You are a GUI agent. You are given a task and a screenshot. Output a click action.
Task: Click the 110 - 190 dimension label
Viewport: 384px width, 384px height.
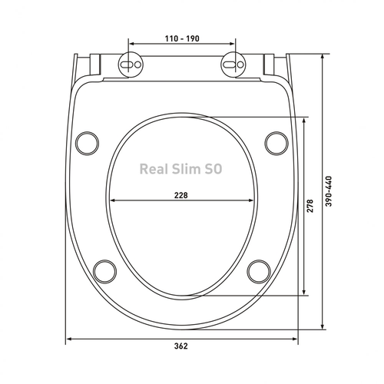[x=182, y=38]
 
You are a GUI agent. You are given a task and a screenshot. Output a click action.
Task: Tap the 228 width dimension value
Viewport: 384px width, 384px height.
[x=181, y=195]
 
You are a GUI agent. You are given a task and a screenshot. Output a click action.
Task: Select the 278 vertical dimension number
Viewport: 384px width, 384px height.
[x=310, y=206]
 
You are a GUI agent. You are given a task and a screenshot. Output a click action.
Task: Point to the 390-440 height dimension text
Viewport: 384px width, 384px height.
[x=329, y=191]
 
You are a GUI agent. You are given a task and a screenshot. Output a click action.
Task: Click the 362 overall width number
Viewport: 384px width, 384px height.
[x=181, y=346]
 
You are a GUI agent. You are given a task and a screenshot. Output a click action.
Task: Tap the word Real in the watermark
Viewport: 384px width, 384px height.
[x=154, y=169]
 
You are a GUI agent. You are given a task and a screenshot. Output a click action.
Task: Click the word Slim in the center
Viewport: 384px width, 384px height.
[x=186, y=169]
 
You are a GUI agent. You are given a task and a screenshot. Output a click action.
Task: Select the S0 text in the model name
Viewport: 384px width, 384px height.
[x=213, y=169]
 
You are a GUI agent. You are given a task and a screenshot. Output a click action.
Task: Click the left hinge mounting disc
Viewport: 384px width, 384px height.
[x=131, y=65]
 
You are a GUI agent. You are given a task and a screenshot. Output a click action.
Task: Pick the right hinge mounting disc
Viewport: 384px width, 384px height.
[x=233, y=65]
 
